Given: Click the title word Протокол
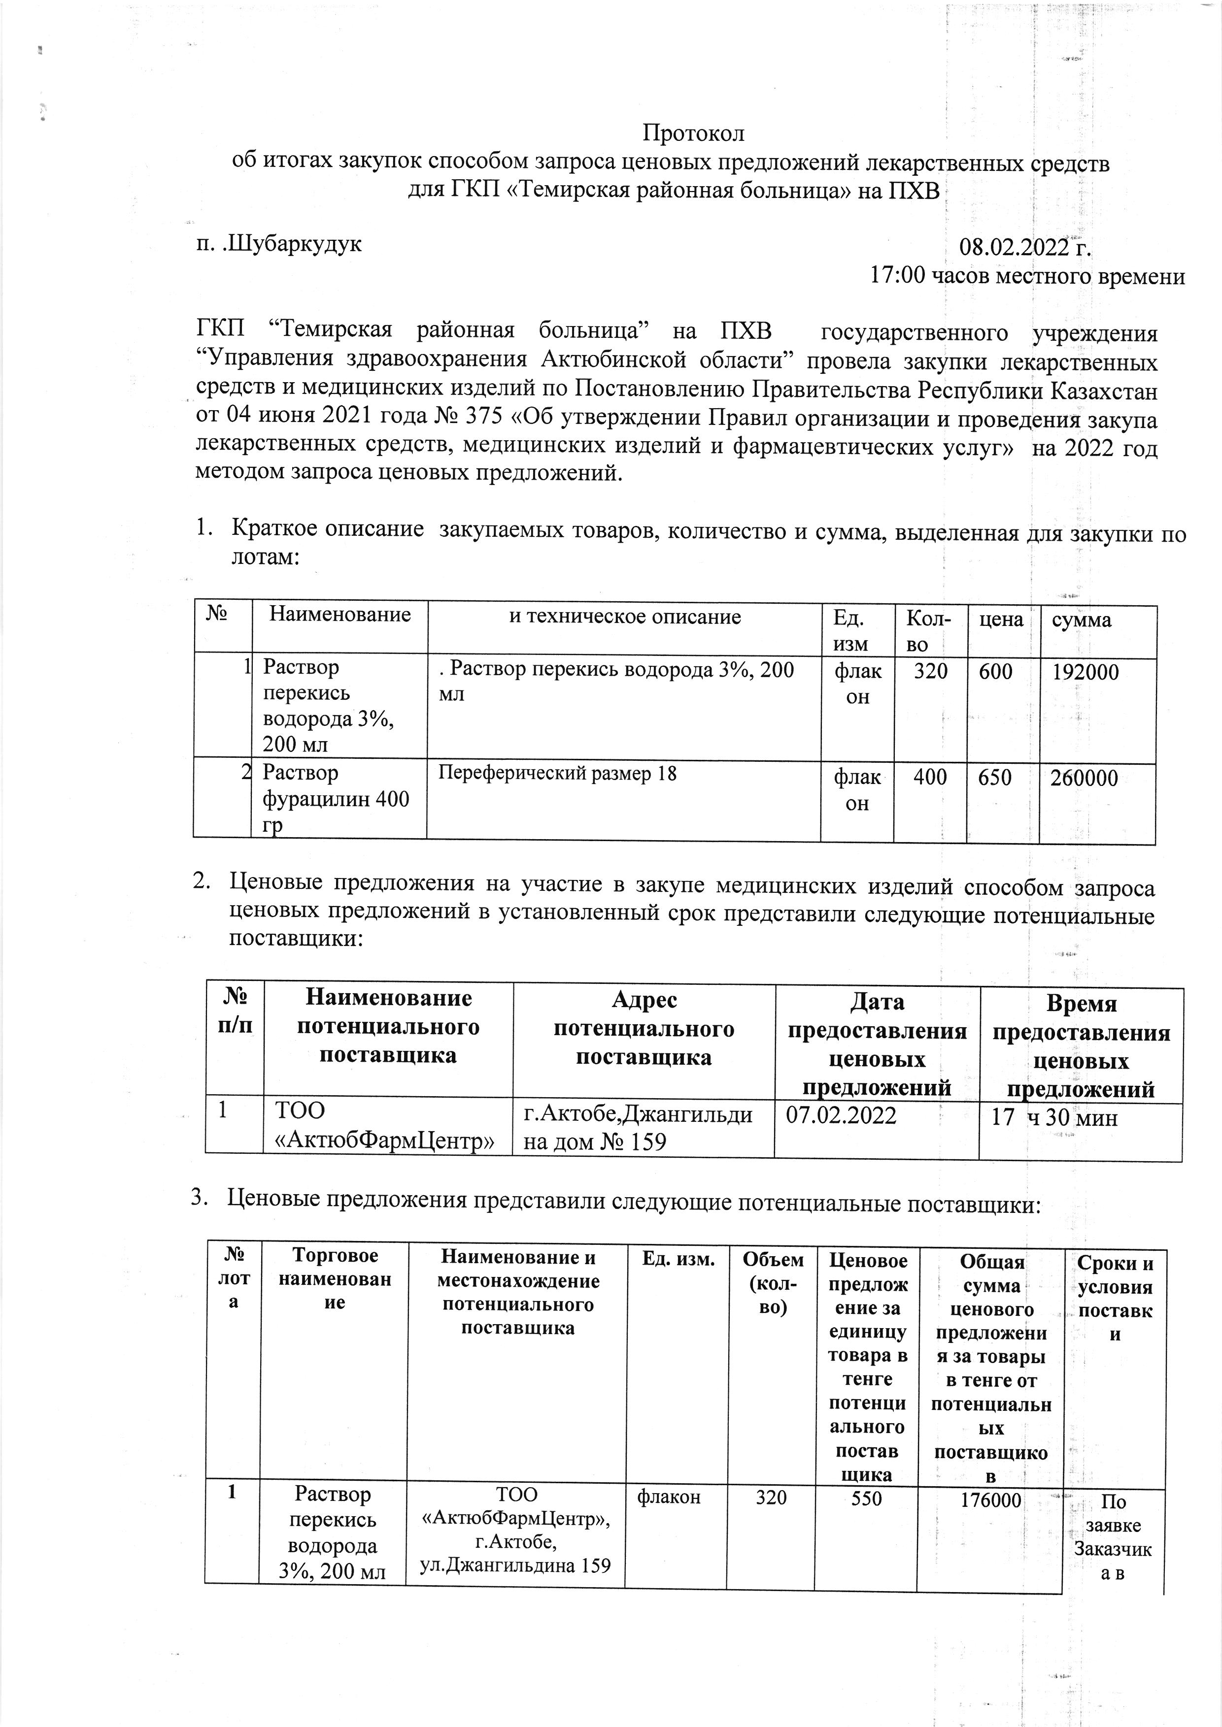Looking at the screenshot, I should click(693, 134).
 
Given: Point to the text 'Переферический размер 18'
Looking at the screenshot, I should click(558, 773).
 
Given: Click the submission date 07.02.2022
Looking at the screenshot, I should click(841, 1115).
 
